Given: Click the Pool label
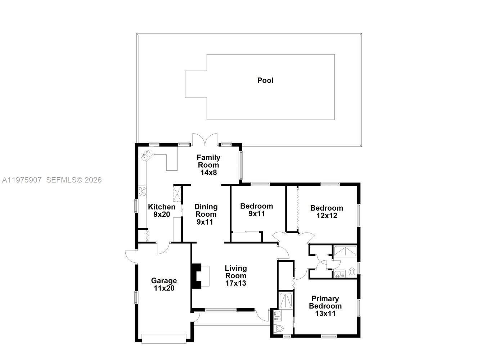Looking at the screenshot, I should [x=265, y=80].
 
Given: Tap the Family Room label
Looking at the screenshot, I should [x=208, y=165].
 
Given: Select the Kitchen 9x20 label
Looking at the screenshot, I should [x=162, y=211].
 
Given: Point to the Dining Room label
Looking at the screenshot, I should [x=206, y=214].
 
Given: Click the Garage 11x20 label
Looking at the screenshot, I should [x=164, y=284].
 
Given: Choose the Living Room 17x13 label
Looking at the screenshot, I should [x=236, y=275].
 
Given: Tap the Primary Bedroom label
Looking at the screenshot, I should [x=325, y=306].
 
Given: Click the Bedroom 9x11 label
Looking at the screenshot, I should [x=256, y=210].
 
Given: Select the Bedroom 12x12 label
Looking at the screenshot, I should [x=327, y=212].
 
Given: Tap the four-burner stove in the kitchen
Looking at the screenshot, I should [x=142, y=191].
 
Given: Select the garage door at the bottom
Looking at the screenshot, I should [x=164, y=338].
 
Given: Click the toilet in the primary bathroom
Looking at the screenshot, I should [x=279, y=328].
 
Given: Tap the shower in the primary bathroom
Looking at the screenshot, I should [x=287, y=301].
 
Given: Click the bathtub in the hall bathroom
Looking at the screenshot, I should [x=345, y=251].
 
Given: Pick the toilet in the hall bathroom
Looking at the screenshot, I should [x=352, y=272].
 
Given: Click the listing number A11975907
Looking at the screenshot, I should [x=22, y=180].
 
